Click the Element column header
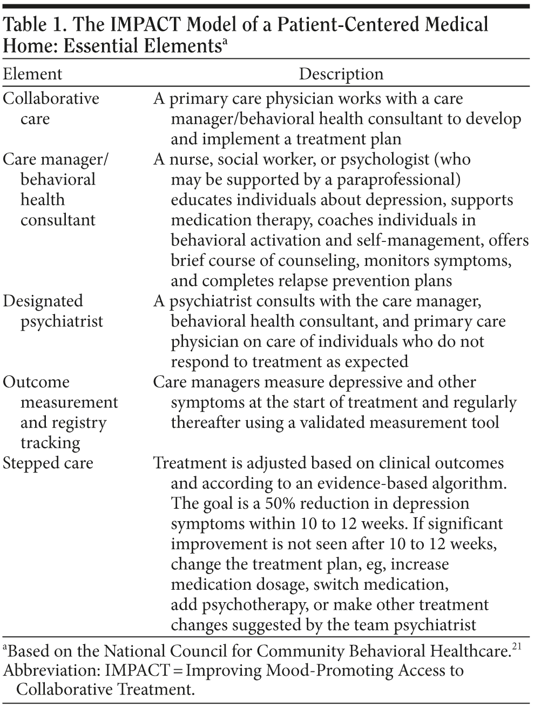click(x=32, y=74)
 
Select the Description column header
click(x=341, y=74)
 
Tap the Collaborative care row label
click(x=51, y=108)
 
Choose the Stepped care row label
click(x=48, y=463)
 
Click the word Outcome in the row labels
click(x=36, y=382)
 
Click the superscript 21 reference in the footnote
click(x=517, y=647)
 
